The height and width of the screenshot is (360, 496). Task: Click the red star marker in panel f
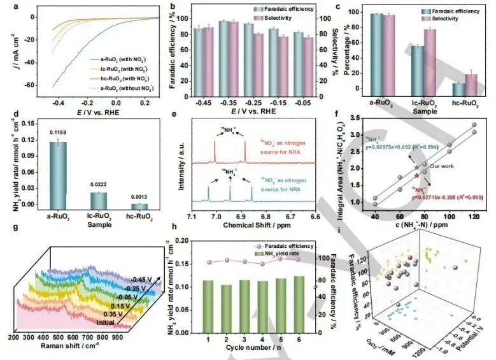click(416, 175)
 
